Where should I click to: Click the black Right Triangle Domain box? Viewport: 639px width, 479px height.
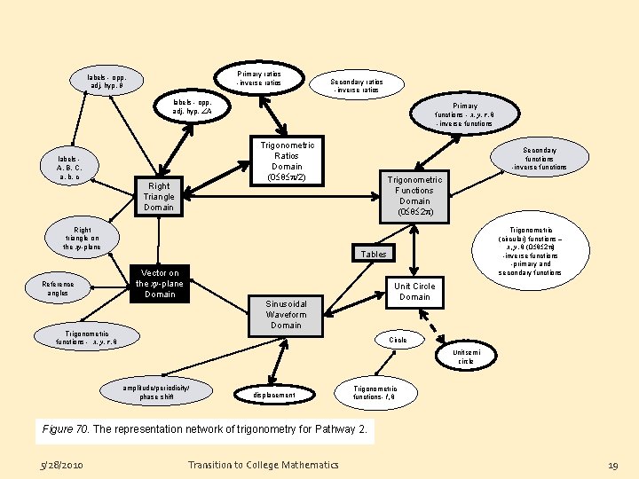(x=160, y=196)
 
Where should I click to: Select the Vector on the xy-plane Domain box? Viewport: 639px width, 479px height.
(x=160, y=283)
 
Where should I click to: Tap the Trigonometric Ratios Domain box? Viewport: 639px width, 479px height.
(x=287, y=161)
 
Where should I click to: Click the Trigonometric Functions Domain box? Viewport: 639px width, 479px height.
(x=414, y=196)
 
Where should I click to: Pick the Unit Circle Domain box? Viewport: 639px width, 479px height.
(x=414, y=291)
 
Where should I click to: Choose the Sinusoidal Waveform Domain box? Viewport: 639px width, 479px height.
(x=286, y=314)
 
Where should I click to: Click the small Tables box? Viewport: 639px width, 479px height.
(x=374, y=254)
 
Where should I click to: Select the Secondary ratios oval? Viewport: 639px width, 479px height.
(x=356, y=85)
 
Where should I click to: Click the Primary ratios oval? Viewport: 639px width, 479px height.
(x=258, y=78)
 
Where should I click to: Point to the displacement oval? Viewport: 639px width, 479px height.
(x=274, y=395)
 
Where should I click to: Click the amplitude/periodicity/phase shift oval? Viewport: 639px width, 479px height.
(x=157, y=392)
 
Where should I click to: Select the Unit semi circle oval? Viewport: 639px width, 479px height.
(x=466, y=357)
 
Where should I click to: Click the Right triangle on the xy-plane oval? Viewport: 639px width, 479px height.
(x=83, y=238)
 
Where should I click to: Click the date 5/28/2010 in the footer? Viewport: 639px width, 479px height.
(x=61, y=465)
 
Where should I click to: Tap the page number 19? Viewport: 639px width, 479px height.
(x=611, y=465)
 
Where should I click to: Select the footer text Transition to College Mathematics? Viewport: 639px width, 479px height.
(x=263, y=465)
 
